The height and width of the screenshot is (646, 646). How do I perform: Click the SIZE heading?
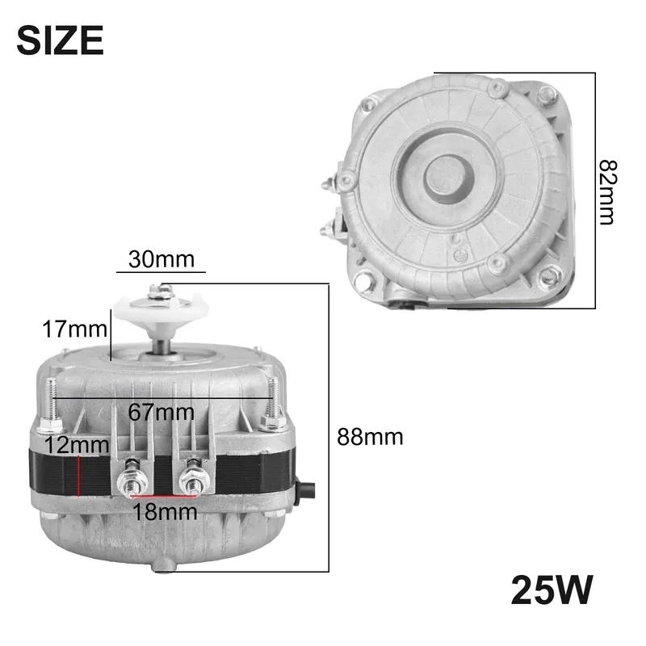point(60,40)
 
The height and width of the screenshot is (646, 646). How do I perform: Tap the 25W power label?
point(552,590)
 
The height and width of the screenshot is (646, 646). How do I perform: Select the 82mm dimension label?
point(608,192)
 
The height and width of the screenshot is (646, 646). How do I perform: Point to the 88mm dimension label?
point(370,437)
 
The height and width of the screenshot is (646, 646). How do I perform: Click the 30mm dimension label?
point(161,259)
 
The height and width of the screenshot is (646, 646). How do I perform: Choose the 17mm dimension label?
point(74,329)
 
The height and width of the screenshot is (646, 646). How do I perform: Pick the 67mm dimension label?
point(161,412)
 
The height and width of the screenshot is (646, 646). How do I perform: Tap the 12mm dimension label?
point(77,446)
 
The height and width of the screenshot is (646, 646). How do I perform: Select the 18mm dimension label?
point(165,512)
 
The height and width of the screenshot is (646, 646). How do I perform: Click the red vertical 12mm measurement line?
point(78,476)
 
